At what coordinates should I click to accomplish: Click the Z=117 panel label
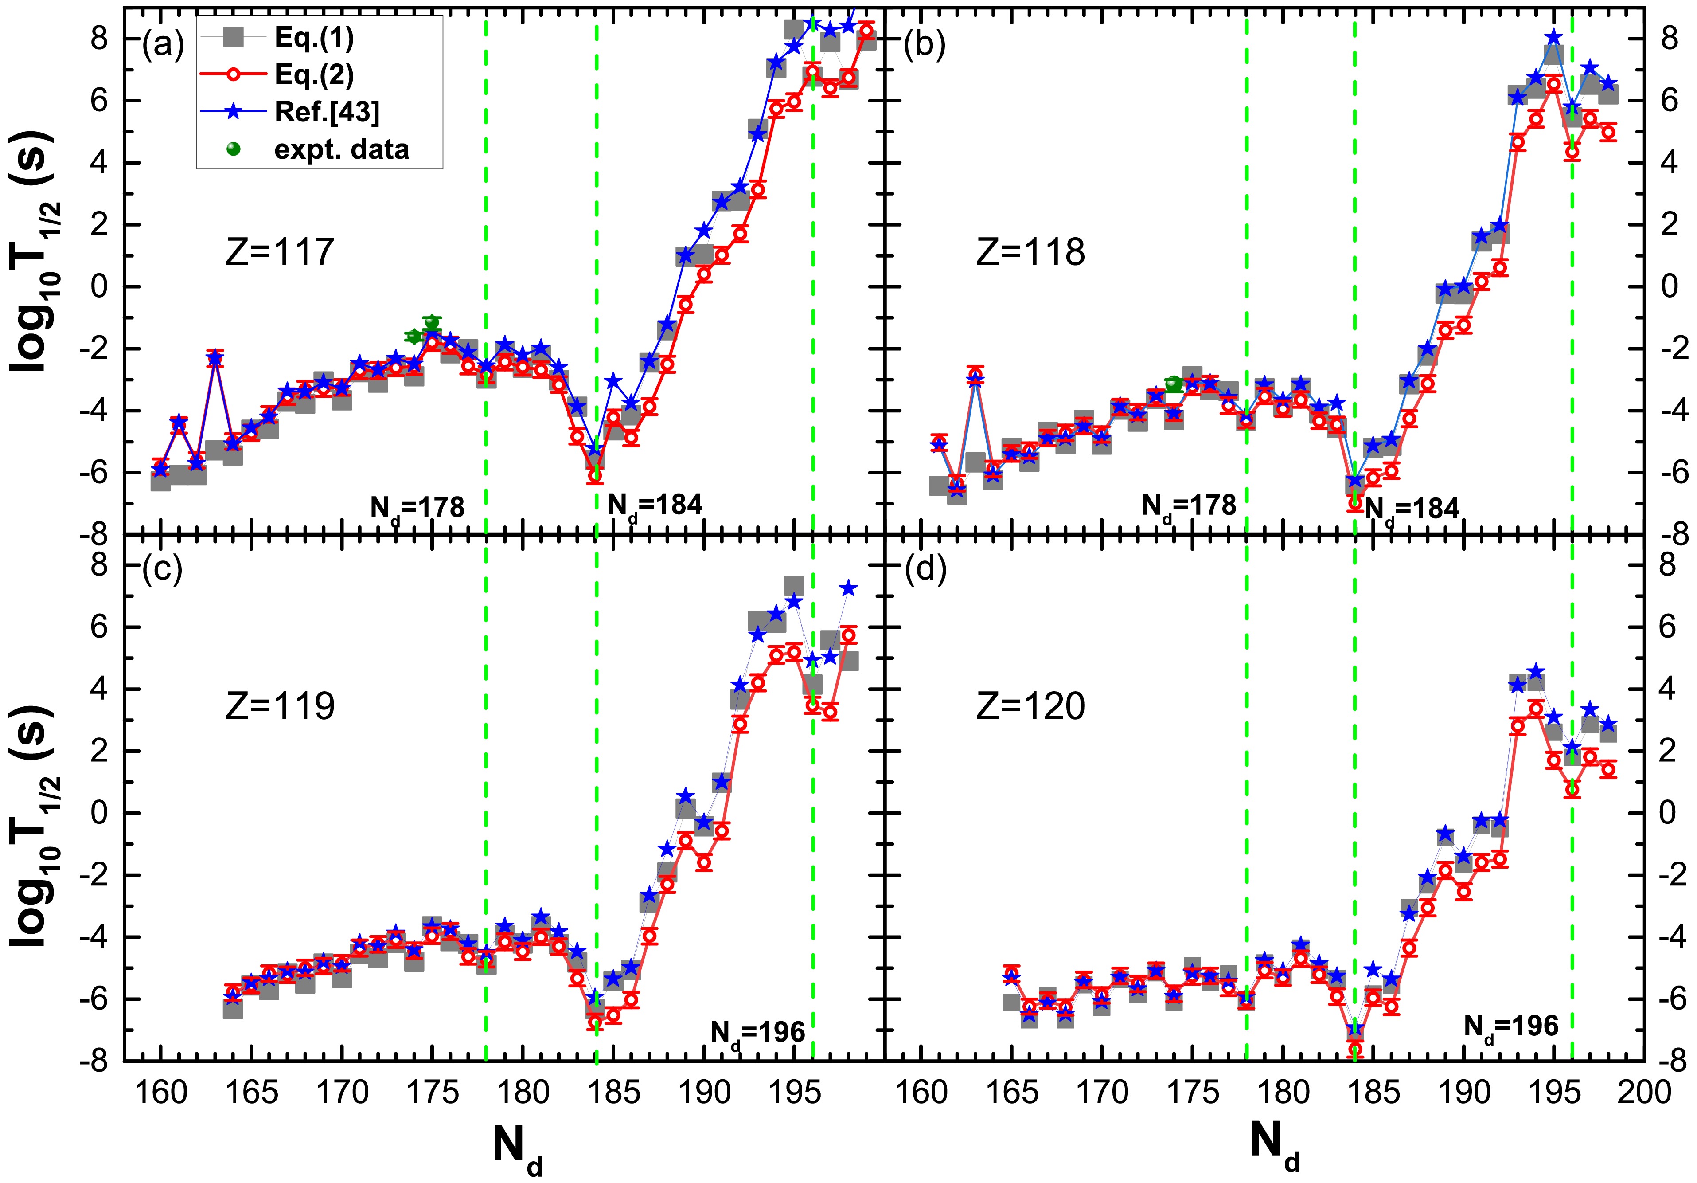(279, 252)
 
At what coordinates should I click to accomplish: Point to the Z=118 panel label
(1030, 252)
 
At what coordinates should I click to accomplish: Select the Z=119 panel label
(279, 705)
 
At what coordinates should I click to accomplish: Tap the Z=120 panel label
(1030, 705)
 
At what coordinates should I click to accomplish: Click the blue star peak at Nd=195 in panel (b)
(1553, 37)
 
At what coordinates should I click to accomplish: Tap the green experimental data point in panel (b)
(1173, 382)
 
